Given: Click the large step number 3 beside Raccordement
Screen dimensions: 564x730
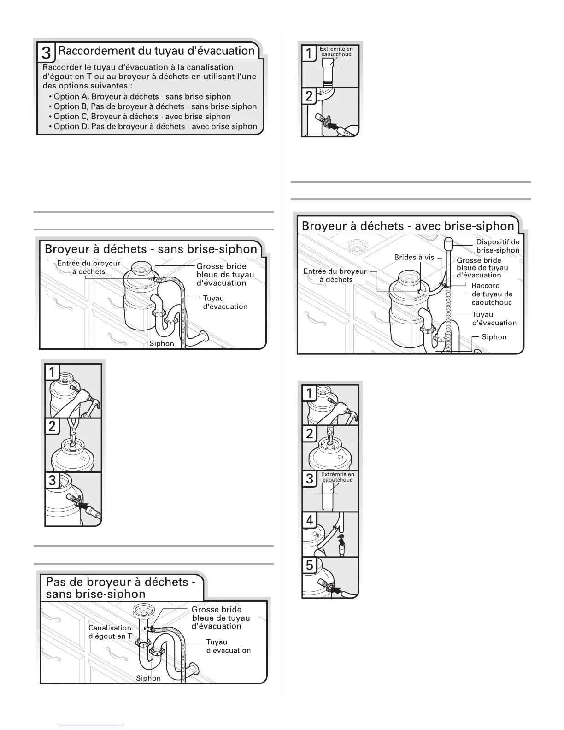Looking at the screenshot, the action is [47, 53].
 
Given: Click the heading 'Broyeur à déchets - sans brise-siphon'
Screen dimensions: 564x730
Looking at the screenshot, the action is [151, 249].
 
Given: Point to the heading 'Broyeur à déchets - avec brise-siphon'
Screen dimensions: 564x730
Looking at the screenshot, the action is [408, 226].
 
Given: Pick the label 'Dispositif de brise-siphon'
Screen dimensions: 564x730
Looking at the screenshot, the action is [497, 246].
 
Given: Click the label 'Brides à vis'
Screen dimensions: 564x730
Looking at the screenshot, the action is [414, 257].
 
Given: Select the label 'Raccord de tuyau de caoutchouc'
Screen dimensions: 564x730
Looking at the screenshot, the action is [492, 294].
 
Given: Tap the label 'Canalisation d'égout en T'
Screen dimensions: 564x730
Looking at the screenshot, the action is [110, 632].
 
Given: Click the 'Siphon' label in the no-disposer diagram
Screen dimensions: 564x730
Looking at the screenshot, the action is [148, 678].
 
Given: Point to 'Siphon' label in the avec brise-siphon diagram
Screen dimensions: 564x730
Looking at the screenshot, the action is [494, 337].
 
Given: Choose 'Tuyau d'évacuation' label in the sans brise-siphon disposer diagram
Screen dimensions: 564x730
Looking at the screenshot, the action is [225, 302].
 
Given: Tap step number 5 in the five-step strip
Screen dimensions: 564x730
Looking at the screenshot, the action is [310, 565].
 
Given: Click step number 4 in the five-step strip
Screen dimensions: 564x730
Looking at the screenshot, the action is [310, 520].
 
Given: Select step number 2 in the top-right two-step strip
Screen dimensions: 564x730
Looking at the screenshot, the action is [309, 96].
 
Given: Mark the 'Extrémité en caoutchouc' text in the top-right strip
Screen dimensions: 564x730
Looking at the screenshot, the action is [336, 52].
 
